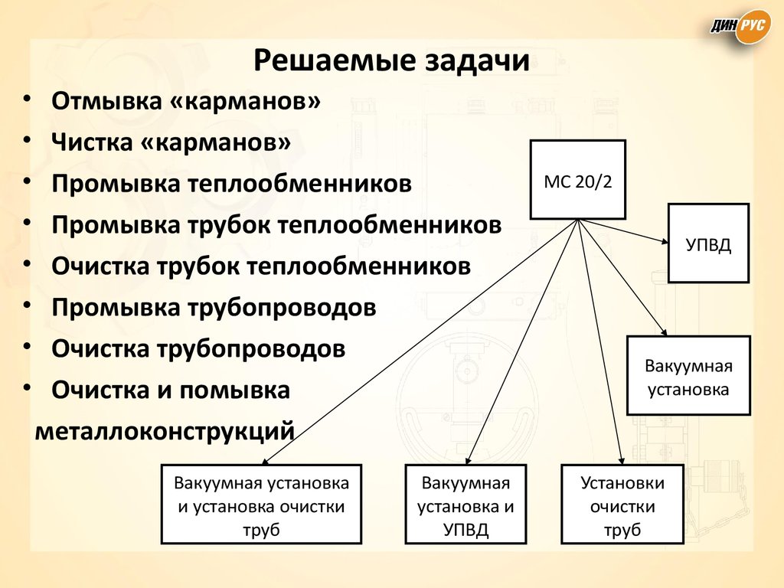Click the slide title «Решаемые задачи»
391,60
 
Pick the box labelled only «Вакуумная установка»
688,376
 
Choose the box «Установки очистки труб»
622,505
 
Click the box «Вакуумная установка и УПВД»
465,505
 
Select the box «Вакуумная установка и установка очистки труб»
261,505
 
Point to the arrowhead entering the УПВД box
665,242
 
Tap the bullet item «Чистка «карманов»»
171,143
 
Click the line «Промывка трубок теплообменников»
277,225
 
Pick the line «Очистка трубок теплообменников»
261,266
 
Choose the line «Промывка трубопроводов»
214,308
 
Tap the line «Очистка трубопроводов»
199,349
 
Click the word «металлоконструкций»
165,431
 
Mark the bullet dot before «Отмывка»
27,102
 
